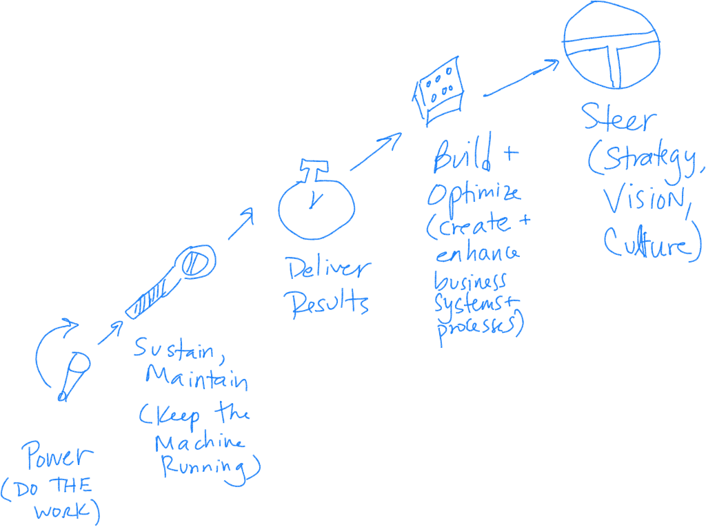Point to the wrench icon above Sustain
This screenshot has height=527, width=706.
point(172,282)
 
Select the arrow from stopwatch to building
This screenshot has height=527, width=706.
point(376,152)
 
